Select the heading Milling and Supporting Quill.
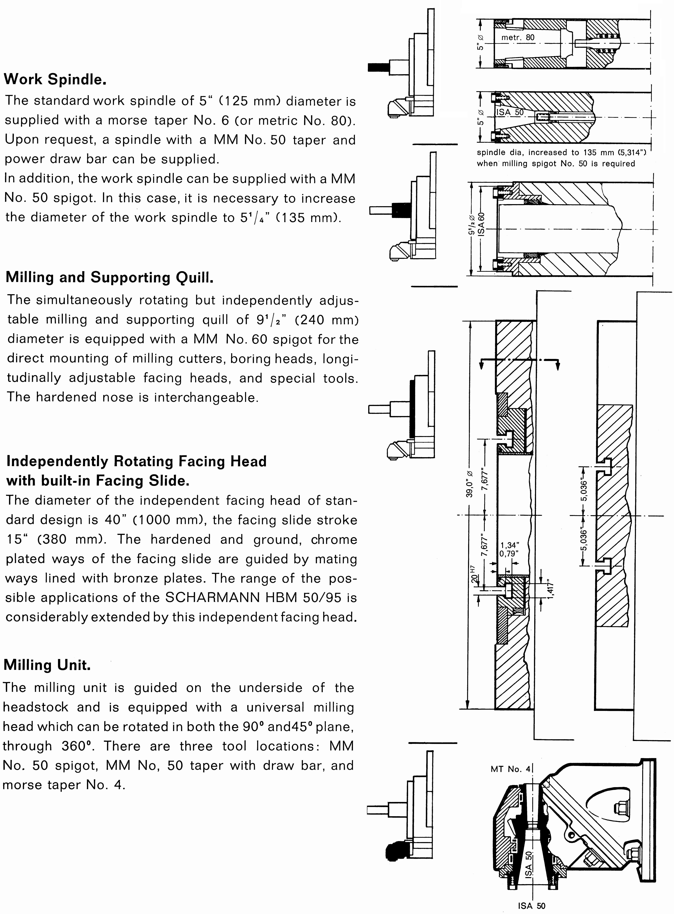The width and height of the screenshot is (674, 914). pyautogui.click(x=109, y=277)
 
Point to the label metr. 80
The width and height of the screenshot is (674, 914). pyautogui.click(x=517, y=37)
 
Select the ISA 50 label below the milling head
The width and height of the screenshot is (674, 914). pyautogui.click(x=532, y=906)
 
